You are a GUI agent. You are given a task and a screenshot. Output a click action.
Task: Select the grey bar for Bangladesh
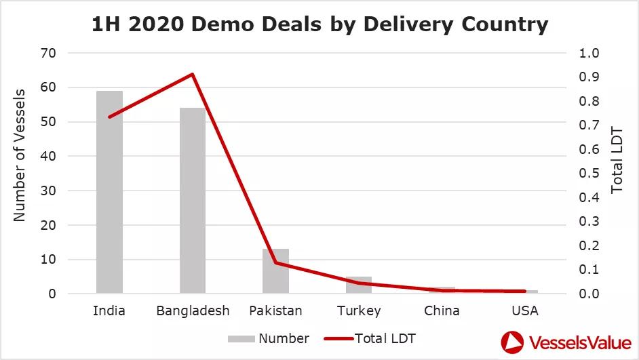tap(193, 201)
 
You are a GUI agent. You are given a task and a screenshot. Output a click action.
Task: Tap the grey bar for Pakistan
tap(275, 271)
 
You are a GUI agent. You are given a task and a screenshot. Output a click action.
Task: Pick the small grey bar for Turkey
tap(359, 285)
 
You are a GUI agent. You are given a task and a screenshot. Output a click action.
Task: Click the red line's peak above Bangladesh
tap(193, 74)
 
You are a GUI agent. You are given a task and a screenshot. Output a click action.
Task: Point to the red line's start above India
tap(109, 117)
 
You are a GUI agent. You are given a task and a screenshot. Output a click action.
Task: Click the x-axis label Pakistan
tap(275, 311)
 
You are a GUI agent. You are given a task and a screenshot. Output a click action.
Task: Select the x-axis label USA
tap(525, 311)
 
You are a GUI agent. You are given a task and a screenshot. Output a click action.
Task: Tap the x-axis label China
tap(442, 311)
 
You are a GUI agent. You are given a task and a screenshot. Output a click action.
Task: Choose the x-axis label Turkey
tap(359, 311)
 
